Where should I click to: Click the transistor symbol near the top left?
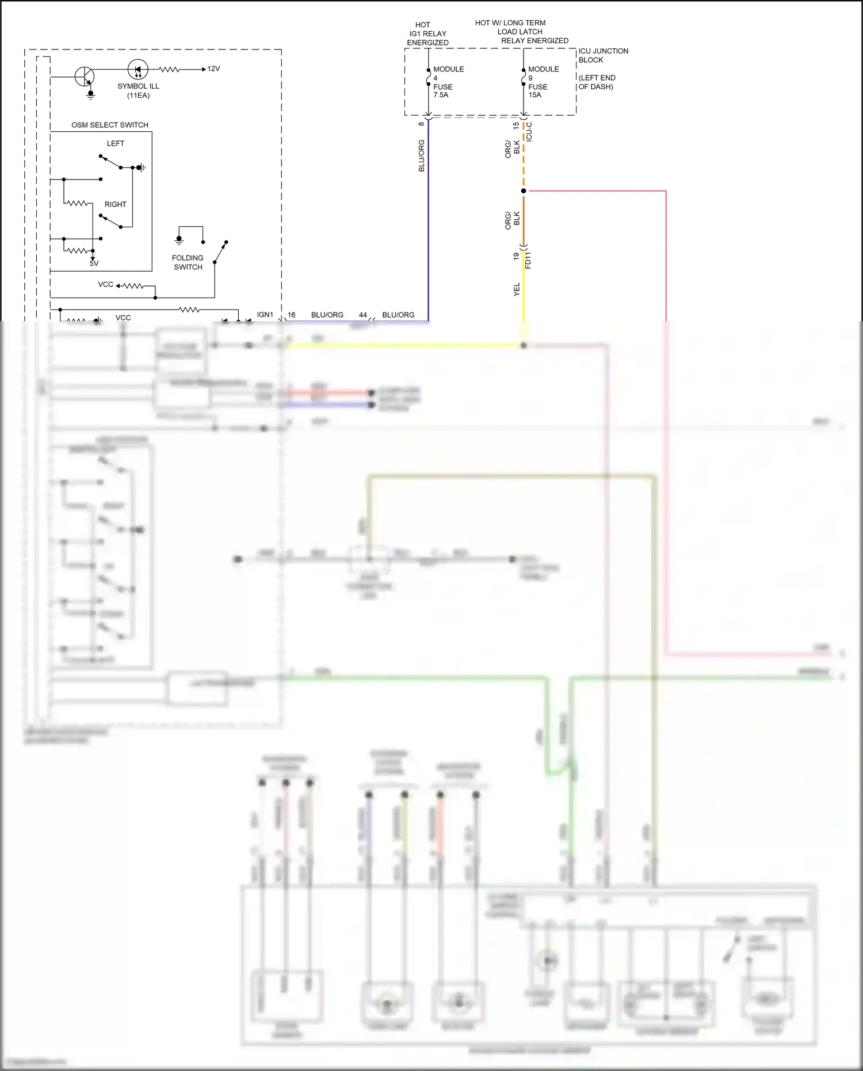point(85,76)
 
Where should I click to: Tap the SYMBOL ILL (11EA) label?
point(138,90)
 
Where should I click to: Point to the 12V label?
point(213,69)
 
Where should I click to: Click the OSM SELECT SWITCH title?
point(110,125)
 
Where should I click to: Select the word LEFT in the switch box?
point(116,143)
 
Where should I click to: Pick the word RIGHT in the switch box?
point(115,204)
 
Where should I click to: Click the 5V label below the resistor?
point(94,264)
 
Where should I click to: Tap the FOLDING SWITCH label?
point(188,262)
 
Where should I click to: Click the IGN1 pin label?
point(265,315)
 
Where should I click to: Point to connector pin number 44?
point(363,315)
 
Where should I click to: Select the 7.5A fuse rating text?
point(441,95)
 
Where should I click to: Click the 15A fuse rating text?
point(535,95)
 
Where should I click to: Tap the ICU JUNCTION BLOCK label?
point(603,55)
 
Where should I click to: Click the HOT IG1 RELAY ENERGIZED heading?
point(427,34)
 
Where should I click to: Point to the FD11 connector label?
point(529,260)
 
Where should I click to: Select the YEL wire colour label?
point(517,289)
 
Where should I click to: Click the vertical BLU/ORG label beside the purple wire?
point(422,155)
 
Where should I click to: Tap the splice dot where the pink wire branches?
point(524,191)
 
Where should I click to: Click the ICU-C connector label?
point(529,132)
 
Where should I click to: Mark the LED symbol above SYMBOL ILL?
point(138,70)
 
